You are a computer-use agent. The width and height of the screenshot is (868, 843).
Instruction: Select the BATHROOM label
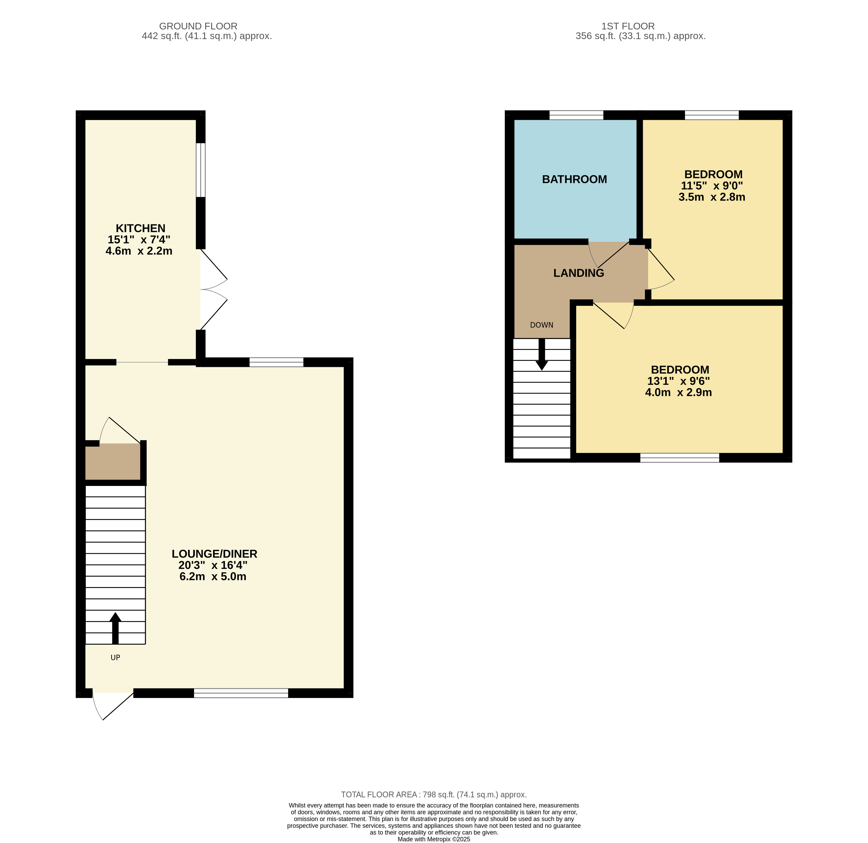(x=575, y=179)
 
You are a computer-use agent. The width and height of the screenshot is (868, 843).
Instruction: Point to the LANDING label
(x=579, y=273)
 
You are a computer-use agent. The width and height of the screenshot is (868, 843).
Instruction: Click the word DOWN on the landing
(x=542, y=325)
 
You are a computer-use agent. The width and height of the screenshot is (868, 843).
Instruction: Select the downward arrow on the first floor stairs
(x=542, y=354)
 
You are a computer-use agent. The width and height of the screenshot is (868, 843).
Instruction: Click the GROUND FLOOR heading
(x=198, y=26)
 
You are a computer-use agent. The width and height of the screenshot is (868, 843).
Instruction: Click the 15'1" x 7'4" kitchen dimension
(x=139, y=240)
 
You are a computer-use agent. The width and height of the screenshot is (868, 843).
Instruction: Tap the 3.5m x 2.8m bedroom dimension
(x=712, y=197)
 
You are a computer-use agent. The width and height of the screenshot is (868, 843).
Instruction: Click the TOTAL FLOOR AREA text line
(x=434, y=795)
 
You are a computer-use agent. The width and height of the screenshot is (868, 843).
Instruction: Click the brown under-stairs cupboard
(x=113, y=461)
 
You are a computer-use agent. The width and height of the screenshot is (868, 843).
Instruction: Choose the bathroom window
(x=576, y=115)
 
